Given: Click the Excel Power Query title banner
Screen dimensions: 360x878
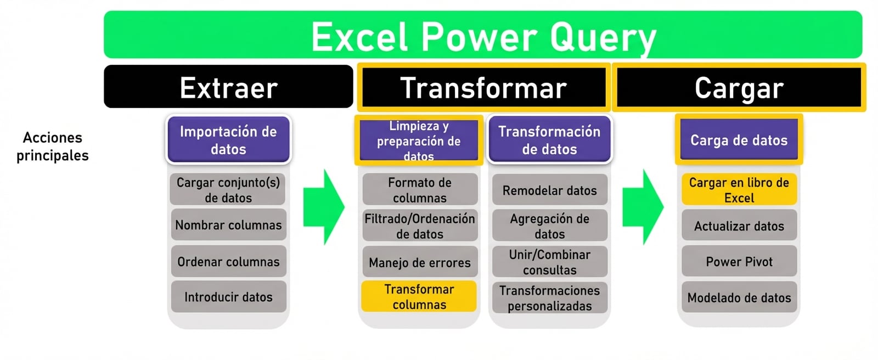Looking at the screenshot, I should coord(483,35).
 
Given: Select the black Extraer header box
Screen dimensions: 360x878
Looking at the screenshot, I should coord(228,87).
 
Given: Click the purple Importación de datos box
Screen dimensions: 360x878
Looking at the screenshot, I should coord(228,139).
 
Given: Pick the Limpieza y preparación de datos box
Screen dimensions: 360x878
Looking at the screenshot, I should coord(419,140).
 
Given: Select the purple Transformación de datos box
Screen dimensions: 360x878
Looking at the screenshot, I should coord(549,139).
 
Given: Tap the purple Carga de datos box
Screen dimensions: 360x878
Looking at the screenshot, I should coord(739,140).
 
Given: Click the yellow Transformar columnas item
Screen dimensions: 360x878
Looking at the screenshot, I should coord(419,296).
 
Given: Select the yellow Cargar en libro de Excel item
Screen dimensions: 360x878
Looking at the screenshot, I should coord(739,189).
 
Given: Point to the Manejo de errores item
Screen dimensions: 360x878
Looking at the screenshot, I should coord(419,262).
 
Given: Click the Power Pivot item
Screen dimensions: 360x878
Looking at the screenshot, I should coord(739,261).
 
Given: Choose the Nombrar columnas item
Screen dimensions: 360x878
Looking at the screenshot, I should coord(228,224).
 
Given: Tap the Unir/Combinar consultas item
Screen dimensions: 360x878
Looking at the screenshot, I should coord(549,262).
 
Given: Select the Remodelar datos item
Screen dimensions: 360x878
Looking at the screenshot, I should coord(549,190).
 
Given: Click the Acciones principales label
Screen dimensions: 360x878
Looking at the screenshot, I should coord(52,146).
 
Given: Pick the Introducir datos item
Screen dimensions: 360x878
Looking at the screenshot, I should coord(228,297).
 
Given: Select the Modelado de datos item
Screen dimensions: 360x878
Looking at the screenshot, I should coord(739,297).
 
